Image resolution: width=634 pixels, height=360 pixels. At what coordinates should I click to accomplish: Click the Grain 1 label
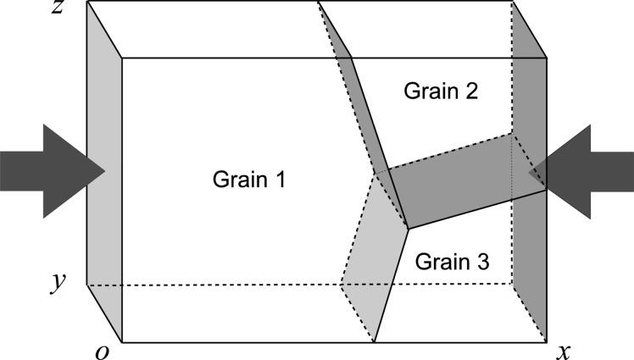[248, 180]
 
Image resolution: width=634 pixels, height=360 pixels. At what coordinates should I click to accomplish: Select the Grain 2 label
[441, 91]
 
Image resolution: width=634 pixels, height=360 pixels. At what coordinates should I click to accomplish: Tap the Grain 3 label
[452, 263]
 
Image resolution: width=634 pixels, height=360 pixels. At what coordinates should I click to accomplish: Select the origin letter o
[103, 351]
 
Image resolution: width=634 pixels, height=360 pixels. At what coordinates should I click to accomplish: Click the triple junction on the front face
[408, 228]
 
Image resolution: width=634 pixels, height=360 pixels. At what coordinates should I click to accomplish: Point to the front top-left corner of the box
[122, 58]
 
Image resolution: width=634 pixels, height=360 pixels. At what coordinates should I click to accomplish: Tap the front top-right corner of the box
[545, 58]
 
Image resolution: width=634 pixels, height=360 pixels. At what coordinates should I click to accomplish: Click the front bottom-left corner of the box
[122, 342]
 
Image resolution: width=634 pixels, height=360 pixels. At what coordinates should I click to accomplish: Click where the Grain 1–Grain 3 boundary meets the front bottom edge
[374, 342]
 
